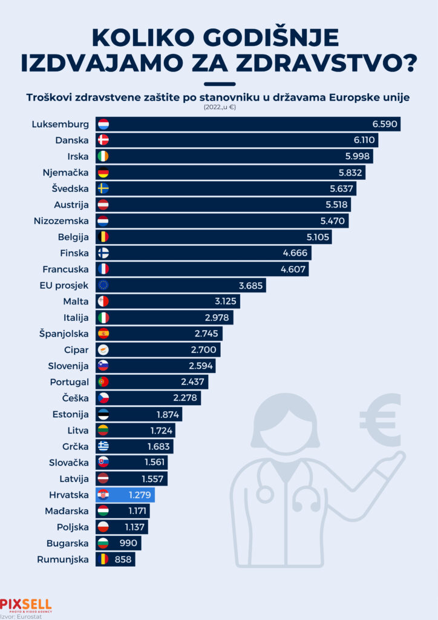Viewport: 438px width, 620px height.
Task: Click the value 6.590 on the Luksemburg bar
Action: coord(385,124)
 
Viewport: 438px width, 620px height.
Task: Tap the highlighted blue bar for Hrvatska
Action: coord(125,495)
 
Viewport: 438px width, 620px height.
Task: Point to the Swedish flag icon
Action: coord(103,188)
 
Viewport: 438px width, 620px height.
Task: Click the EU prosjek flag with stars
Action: coord(103,285)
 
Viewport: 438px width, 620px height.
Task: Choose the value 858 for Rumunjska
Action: coord(123,559)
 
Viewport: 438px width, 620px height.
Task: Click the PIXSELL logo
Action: coord(26,604)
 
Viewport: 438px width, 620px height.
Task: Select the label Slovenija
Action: coord(68,366)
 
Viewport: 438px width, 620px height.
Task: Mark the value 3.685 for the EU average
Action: coord(251,285)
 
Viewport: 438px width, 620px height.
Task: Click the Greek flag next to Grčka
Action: coord(103,447)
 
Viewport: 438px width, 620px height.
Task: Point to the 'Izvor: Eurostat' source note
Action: coord(21,615)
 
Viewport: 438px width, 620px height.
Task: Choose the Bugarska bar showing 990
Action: coord(118,543)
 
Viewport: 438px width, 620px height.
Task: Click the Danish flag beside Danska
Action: coord(103,140)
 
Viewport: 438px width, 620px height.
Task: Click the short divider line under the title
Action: coord(219,84)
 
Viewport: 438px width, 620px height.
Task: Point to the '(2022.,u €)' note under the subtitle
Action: coord(218,108)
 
